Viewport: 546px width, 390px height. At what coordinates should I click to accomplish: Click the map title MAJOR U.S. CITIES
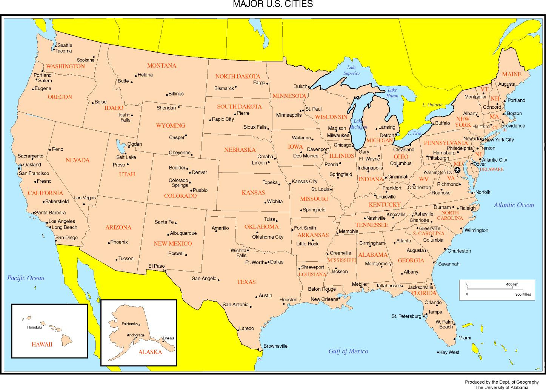[x=272, y=5]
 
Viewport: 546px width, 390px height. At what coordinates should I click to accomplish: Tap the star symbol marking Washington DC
[x=457, y=170]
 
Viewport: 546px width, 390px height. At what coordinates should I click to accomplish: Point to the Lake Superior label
[x=351, y=70]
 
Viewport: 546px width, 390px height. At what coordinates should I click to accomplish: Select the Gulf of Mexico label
[x=348, y=351]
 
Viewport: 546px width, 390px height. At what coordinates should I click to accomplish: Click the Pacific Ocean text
[x=26, y=278]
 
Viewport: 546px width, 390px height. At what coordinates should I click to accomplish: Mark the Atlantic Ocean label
[x=514, y=205]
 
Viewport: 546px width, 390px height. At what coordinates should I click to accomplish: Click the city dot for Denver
[x=189, y=173]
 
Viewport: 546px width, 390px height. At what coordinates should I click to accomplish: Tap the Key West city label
[x=449, y=352]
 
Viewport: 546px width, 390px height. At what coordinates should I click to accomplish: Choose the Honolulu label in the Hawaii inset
[x=34, y=327]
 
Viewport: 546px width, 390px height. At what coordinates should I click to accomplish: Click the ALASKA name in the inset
[x=150, y=352]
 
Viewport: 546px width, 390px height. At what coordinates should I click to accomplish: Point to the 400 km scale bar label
[x=512, y=284]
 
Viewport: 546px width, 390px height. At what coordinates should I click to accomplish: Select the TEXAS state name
[x=246, y=282]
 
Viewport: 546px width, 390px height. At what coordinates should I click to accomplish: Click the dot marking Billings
[x=167, y=94]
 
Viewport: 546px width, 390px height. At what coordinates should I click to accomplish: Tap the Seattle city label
[x=65, y=45]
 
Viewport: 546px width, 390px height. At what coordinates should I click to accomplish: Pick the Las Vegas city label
[x=85, y=198]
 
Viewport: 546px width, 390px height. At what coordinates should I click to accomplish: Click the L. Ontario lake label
[x=432, y=105]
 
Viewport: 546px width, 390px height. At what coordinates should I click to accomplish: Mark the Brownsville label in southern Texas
[x=275, y=346]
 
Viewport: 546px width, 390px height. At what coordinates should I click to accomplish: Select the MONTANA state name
[x=161, y=66]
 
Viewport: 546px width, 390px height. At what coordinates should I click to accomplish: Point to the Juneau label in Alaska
[x=168, y=338]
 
